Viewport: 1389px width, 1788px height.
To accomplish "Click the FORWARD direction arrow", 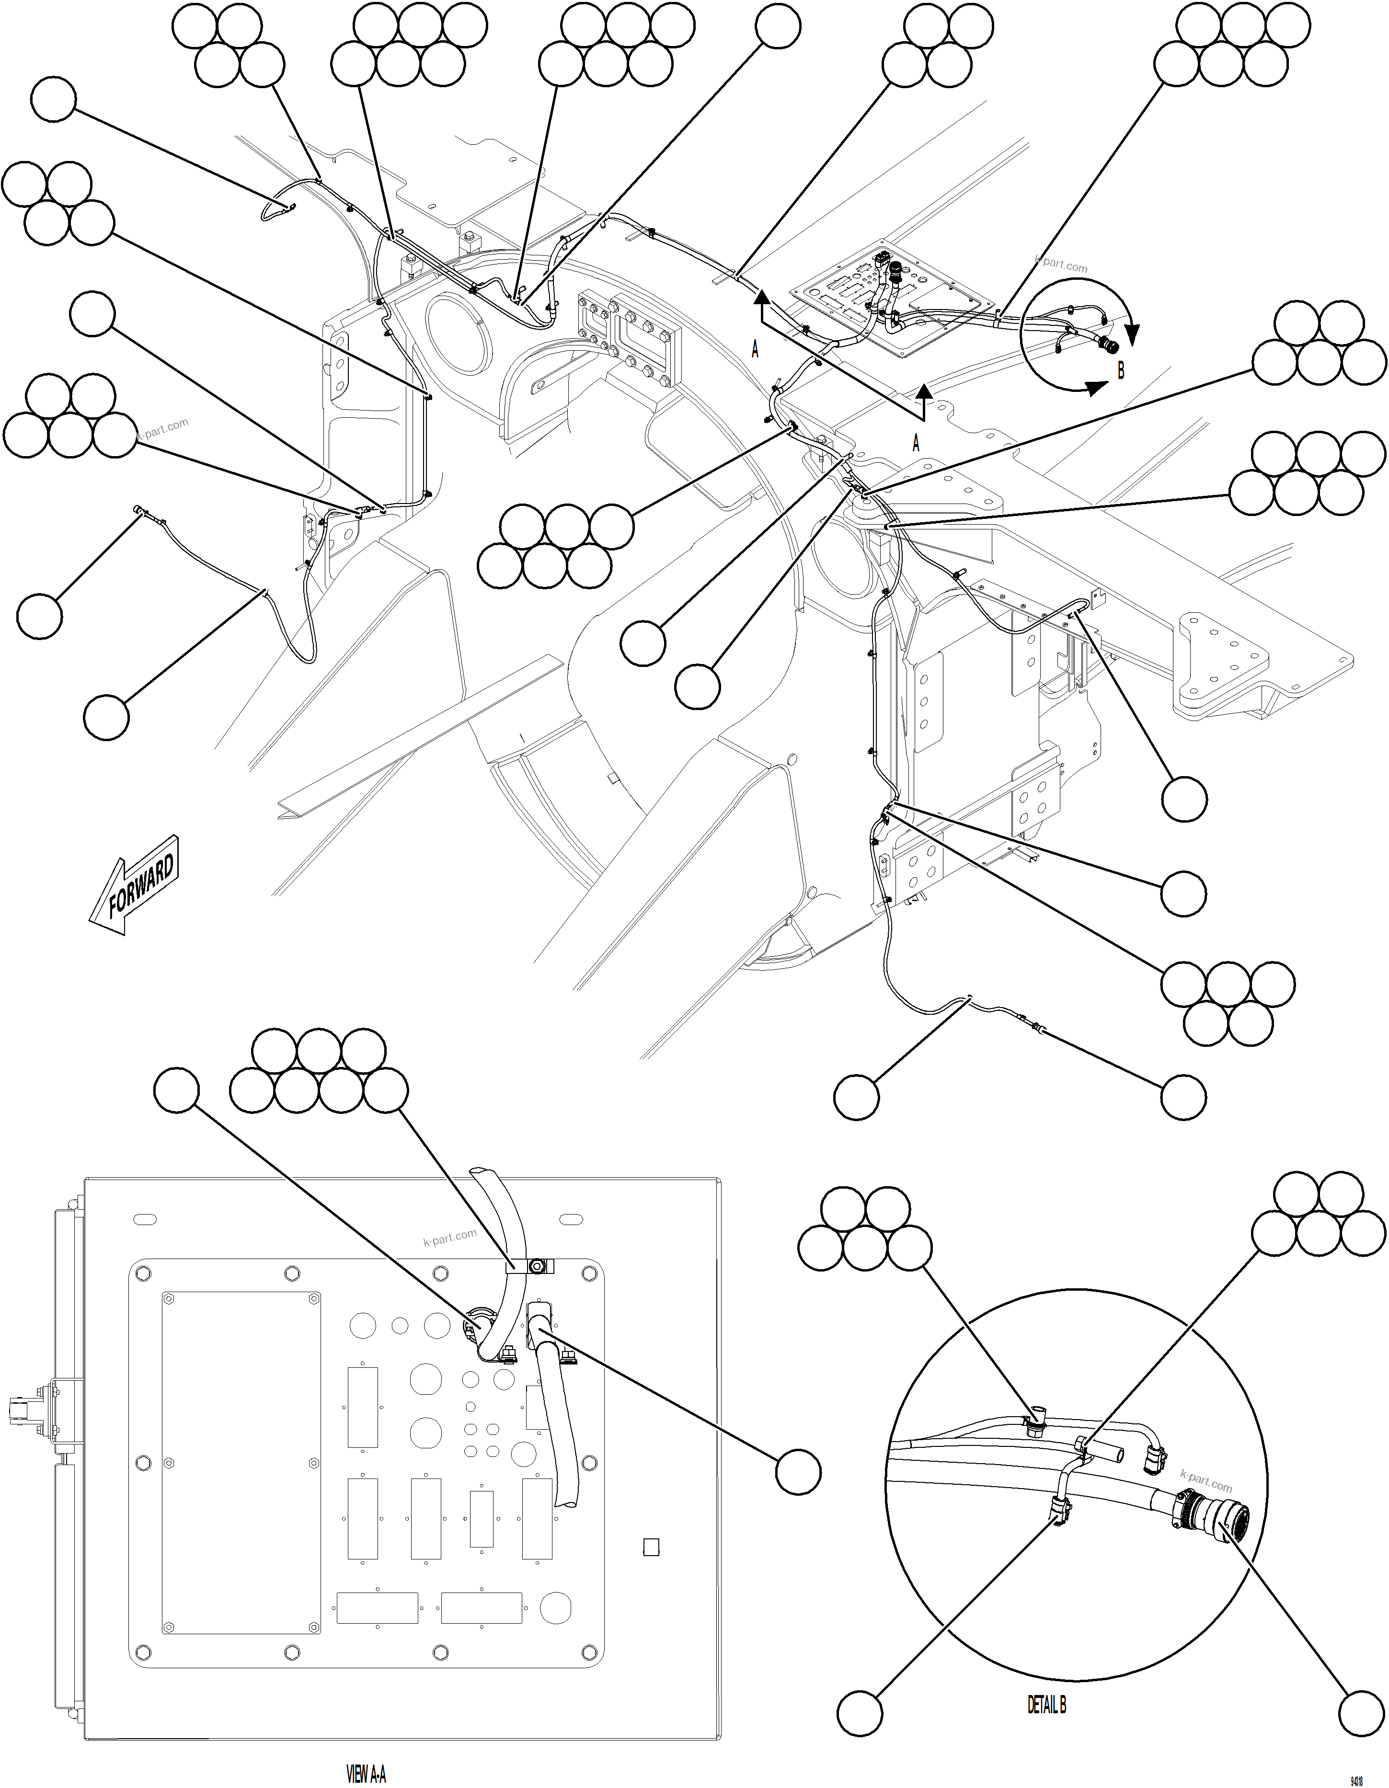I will (135, 884).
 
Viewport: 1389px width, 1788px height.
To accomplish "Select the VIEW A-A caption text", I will (366, 1775).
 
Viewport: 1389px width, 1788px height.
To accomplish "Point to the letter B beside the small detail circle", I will (1121, 371).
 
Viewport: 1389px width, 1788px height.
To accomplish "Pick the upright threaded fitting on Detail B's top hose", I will (1038, 1418).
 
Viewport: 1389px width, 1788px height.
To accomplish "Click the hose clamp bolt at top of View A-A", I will (537, 1267).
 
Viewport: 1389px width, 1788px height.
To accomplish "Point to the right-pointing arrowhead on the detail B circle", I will (1092, 389).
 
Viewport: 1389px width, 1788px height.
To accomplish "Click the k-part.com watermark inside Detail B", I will (1205, 1480).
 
